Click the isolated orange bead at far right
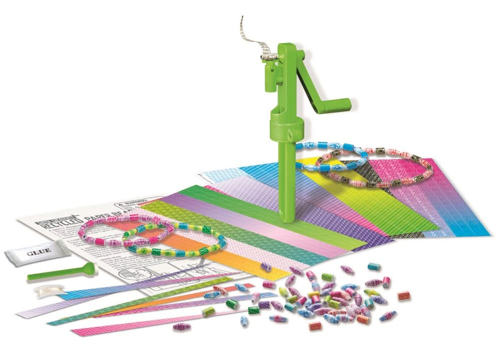coord(404,296)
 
